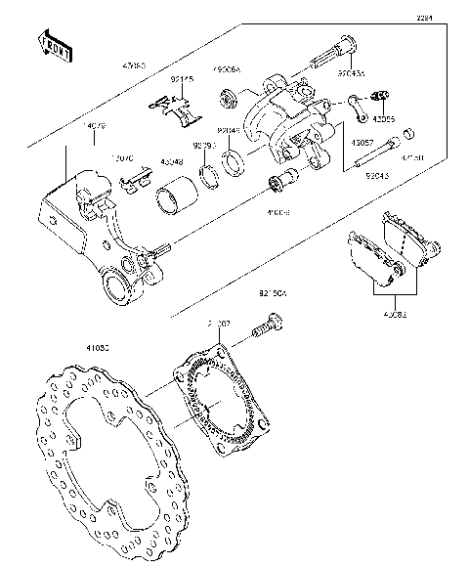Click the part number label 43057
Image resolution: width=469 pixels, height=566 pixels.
point(362,142)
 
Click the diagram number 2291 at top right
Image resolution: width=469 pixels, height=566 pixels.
point(423,18)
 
